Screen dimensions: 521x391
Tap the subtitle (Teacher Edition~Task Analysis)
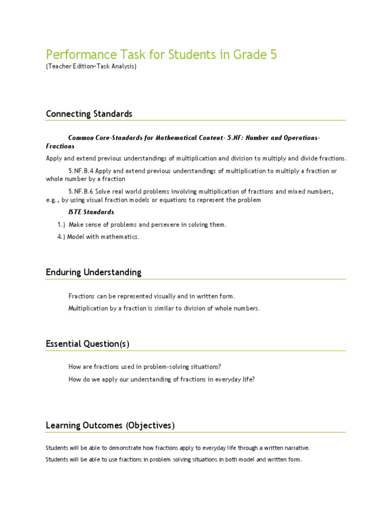pyautogui.click(x=91, y=67)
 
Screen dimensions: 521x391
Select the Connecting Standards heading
pyautogui.click(x=89, y=113)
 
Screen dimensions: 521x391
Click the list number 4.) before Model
pyautogui.click(x=61, y=237)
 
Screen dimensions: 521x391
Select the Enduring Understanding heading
pyautogui.click(x=94, y=272)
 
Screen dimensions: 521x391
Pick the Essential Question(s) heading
pyautogui.click(x=88, y=344)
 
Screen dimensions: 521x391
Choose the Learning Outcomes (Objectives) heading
pyautogui.click(x=110, y=425)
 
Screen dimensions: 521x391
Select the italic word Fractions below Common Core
pyautogui.click(x=60, y=146)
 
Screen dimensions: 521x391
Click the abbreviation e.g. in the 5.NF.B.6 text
pyautogui.click(x=52, y=200)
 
